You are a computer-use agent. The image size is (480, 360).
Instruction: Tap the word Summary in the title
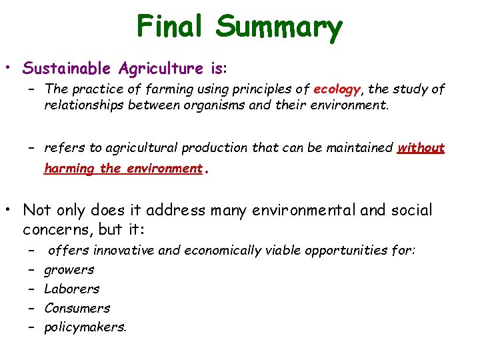pyautogui.click(x=279, y=27)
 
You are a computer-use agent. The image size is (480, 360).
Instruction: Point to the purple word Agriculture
pyautogui.click(x=153, y=68)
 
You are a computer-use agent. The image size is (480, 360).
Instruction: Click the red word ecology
pyautogui.click(x=337, y=89)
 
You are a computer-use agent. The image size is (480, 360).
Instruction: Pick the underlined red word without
pyautogui.click(x=421, y=148)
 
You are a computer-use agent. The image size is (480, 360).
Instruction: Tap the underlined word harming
pyautogui.click(x=69, y=169)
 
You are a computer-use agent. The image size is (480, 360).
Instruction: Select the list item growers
pyautogui.click(x=69, y=270)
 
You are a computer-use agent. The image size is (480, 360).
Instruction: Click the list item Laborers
pyautogui.click(x=71, y=289)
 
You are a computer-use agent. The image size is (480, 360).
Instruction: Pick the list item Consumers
pyautogui.click(x=77, y=308)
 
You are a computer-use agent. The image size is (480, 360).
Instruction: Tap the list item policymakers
pyautogui.click(x=85, y=327)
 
